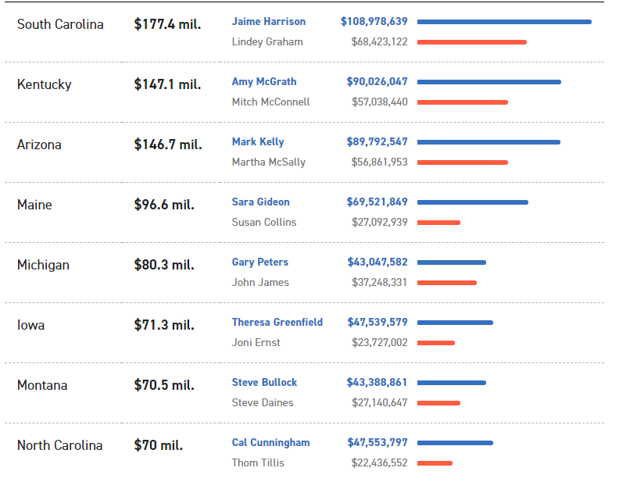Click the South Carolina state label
[x=60, y=24]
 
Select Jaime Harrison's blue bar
[x=504, y=22]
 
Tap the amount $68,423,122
[x=379, y=42]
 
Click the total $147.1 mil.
[x=167, y=84]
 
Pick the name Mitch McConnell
[x=270, y=102]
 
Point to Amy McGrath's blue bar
[x=489, y=82]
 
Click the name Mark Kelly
[x=258, y=142]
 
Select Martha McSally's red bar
[x=463, y=162]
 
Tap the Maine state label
[x=34, y=205]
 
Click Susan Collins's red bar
[x=438, y=223]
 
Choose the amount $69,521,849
[x=377, y=202]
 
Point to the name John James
[x=260, y=283]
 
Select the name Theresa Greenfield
[x=277, y=323]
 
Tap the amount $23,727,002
[x=379, y=343]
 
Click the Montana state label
[x=42, y=385]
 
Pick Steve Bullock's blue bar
[x=452, y=383]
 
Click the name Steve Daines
[x=263, y=403]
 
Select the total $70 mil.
[x=158, y=445]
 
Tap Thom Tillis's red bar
[x=435, y=463]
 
